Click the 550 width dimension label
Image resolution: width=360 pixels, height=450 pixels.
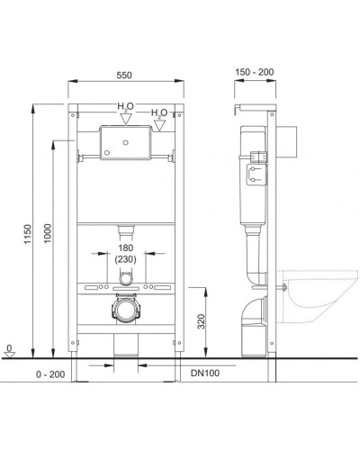pyautogui.click(x=124, y=75)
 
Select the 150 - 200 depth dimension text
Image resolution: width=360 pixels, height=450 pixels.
pyautogui.click(x=255, y=72)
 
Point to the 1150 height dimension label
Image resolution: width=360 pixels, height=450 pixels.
pyautogui.click(x=28, y=234)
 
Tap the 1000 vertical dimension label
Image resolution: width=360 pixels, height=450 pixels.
pyautogui.click(x=48, y=233)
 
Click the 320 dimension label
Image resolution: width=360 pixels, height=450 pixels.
pyautogui.click(x=202, y=321)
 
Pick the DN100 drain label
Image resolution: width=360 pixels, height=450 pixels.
pyautogui.click(x=205, y=373)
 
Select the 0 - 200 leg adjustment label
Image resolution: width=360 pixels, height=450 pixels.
pyautogui.click(x=50, y=374)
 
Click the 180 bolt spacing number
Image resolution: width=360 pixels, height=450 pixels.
pyautogui.click(x=125, y=248)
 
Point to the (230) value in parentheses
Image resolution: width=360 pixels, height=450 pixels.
pyautogui.click(x=125, y=259)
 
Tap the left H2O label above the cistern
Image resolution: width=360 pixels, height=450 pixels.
pyautogui.click(x=125, y=106)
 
